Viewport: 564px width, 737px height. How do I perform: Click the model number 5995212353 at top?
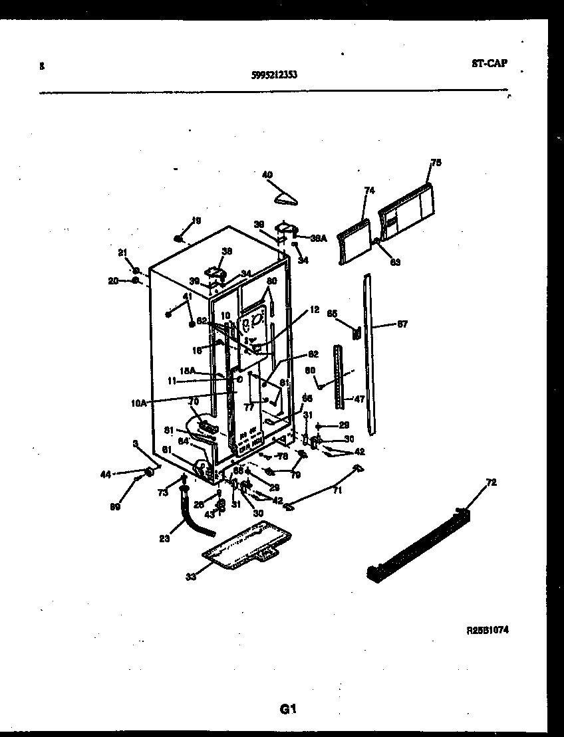[x=274, y=75]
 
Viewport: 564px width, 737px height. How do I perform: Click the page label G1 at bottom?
[x=287, y=708]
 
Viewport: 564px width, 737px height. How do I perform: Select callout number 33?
[x=192, y=576]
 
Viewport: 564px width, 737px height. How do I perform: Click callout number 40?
[x=267, y=175]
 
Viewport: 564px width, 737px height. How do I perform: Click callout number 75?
[x=436, y=162]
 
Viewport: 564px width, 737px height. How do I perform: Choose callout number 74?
[x=369, y=191]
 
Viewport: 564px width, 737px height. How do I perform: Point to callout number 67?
[x=402, y=324]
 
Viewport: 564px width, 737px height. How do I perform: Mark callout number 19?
[x=196, y=220]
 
